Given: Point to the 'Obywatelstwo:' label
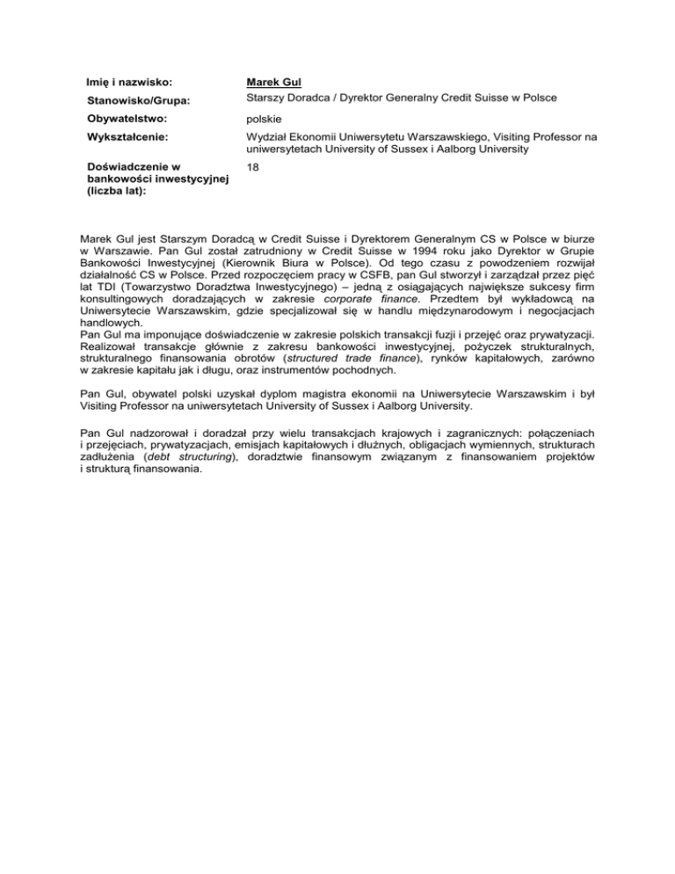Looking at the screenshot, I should (x=121, y=118).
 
